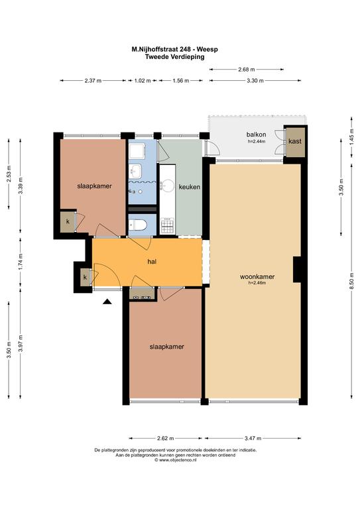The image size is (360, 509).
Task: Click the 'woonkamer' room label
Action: (x=257, y=277)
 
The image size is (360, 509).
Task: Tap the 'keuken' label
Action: (x=189, y=187)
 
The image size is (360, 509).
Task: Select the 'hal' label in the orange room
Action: (x=152, y=261)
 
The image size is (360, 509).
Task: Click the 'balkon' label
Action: (x=256, y=135)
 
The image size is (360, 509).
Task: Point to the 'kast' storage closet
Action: (x=295, y=141)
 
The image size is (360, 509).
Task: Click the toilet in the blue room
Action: (x=138, y=225)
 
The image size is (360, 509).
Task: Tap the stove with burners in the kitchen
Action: (x=168, y=225)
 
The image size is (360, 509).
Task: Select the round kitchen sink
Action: (x=168, y=186)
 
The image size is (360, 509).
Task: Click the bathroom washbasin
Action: (x=135, y=170)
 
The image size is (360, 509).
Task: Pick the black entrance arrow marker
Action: (x=107, y=302)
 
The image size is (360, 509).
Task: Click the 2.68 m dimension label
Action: (x=247, y=69)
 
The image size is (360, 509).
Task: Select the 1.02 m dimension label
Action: (x=143, y=80)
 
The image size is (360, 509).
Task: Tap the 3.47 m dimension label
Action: (x=253, y=438)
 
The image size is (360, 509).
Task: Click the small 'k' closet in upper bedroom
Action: (x=68, y=222)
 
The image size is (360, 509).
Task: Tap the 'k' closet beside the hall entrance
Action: (x=85, y=277)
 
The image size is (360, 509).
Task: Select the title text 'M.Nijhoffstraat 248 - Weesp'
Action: (x=174, y=50)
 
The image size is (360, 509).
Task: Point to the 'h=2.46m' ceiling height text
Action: (x=257, y=283)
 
